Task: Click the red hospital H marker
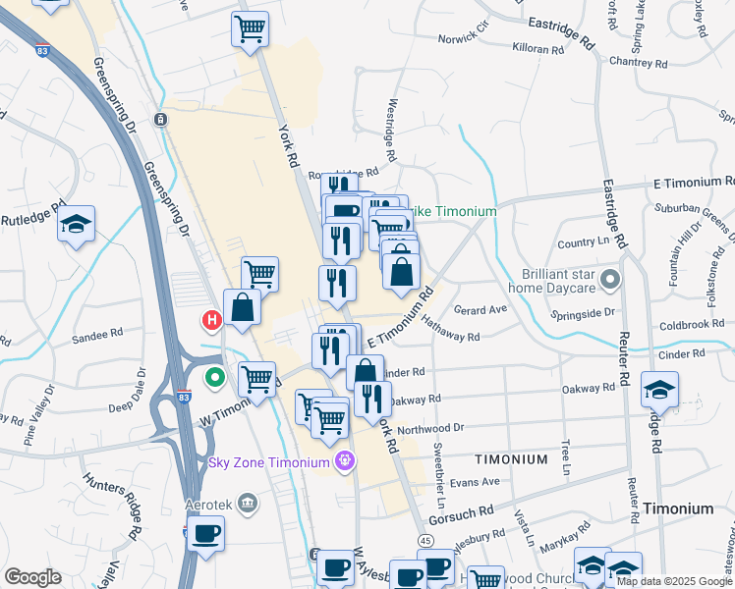pyautogui.click(x=210, y=320)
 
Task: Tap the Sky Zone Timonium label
pyautogui.click(x=268, y=462)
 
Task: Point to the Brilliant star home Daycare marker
pyautogui.click(x=610, y=282)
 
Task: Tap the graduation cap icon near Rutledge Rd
pyautogui.click(x=76, y=226)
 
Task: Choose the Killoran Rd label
pyautogui.click(x=538, y=47)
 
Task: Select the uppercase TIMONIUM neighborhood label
pyautogui.click(x=511, y=459)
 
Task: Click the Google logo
pyautogui.click(x=32, y=577)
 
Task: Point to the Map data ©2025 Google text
pyautogui.click(x=674, y=581)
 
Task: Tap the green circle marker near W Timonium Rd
pyautogui.click(x=214, y=377)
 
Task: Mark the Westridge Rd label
pyautogui.click(x=390, y=130)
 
